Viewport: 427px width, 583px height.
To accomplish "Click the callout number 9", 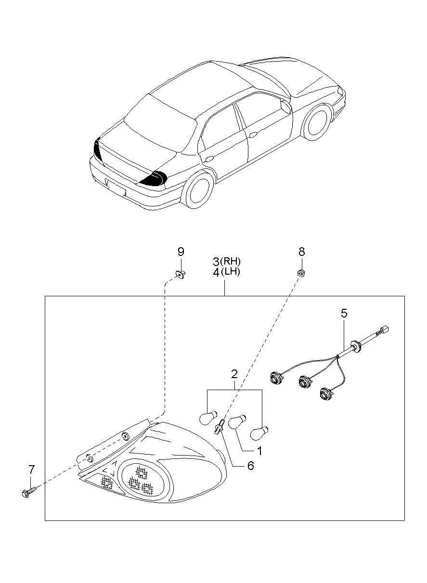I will coord(181,252).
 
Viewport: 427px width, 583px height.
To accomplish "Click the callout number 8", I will coord(301,252).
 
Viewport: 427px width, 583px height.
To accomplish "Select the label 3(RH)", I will coord(227,262).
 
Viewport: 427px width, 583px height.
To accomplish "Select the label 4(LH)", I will coord(226,272).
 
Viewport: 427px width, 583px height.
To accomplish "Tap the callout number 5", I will coord(344,314).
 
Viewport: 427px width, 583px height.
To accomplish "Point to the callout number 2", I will coord(234,374).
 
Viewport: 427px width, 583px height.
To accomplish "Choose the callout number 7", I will coord(32,469).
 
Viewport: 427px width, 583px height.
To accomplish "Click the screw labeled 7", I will coord(28,492).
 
